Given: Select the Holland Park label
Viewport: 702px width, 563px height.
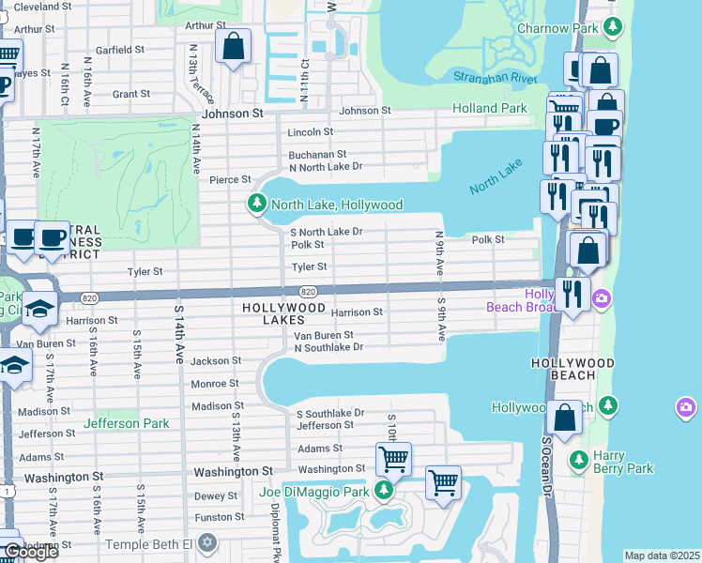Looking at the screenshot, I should (489, 108).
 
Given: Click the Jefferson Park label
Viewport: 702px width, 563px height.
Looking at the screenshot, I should (127, 423).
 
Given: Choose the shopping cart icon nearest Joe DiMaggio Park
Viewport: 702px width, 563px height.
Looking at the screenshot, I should (392, 459).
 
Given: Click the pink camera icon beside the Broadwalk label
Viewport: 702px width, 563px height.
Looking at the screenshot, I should (602, 298).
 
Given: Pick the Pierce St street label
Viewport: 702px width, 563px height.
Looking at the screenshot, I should (230, 179).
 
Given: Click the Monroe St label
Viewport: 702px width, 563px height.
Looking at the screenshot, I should (215, 384).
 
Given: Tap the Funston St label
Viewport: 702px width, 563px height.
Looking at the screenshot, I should (219, 517).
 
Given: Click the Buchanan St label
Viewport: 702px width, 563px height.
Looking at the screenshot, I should (318, 154).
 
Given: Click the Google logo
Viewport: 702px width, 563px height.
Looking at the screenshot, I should (31, 552).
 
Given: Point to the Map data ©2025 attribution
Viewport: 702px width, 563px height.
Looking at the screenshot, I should (662, 555).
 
